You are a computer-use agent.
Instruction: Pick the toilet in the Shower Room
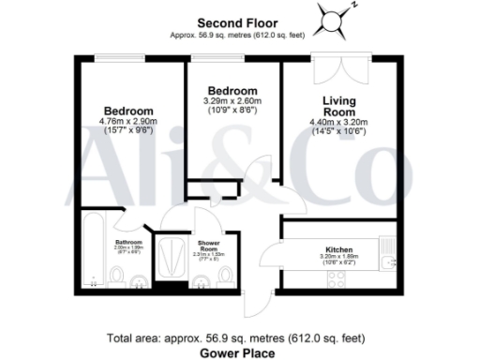(228, 277)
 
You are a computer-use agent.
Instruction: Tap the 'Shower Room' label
(207, 245)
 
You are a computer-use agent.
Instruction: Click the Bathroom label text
(128, 242)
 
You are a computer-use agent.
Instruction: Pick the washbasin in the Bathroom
(139, 277)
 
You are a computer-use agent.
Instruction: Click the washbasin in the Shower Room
(201, 279)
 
